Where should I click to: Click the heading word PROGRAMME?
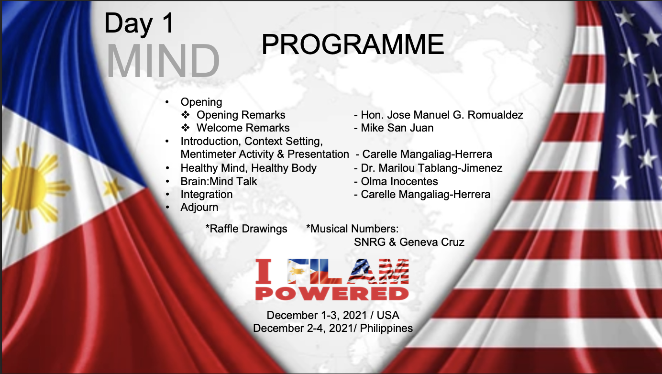[353, 44]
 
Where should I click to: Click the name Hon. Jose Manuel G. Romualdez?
[441, 115]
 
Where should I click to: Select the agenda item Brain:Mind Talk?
[219, 181]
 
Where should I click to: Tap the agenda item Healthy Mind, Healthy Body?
[248, 168]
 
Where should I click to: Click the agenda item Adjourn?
[199, 208]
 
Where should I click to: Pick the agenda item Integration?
[206, 195]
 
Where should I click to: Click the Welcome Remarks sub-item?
[243, 128]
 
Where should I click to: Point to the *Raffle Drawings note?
[246, 229]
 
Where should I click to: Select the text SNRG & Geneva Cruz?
[409, 242]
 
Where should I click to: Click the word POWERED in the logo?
[332, 292]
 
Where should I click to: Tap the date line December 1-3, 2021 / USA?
[333, 316]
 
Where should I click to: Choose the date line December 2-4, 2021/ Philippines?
[333, 329]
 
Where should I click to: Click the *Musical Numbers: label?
[352, 229]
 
